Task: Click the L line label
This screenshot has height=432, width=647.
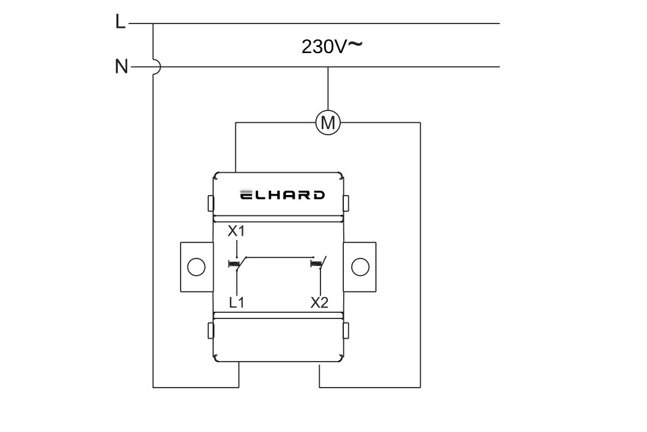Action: click(120, 22)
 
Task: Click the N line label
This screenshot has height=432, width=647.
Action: click(121, 67)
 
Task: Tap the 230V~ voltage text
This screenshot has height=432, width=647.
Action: click(332, 46)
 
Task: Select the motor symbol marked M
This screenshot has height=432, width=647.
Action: click(328, 123)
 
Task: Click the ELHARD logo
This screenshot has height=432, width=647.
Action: click(283, 195)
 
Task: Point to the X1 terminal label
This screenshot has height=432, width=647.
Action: click(236, 231)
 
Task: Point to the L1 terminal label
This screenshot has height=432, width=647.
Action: click(237, 303)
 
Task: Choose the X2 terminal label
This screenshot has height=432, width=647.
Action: click(319, 303)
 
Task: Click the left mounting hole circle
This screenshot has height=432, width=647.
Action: click(197, 267)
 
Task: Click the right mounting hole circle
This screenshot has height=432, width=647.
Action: click(360, 267)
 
